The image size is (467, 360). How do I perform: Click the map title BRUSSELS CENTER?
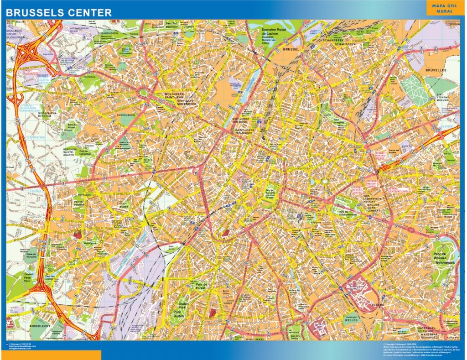pyautogui.click(x=59, y=13)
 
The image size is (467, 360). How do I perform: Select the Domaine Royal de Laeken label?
pyautogui.click(x=273, y=36)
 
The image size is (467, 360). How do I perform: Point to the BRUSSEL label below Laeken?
pyautogui.click(x=291, y=49)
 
